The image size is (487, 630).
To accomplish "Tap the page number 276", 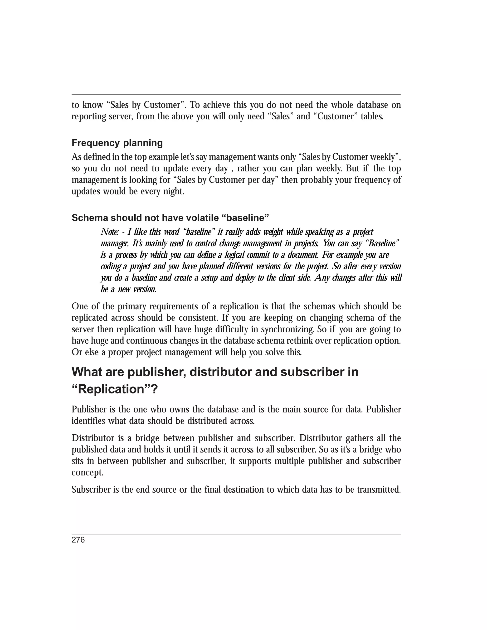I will (78, 540).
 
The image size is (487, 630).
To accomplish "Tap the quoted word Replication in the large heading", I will (111, 389).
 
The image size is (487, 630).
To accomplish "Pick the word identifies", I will (88, 421).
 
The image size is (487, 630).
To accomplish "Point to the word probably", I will (302, 180).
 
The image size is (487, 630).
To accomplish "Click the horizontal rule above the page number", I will (236, 534).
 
